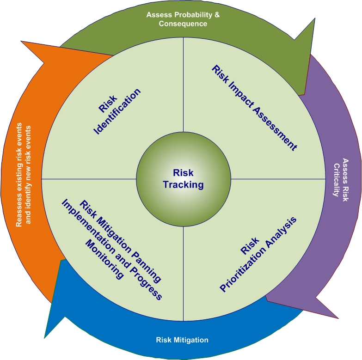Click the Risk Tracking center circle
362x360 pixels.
click(x=184, y=179)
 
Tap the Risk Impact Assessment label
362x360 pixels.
click(x=253, y=107)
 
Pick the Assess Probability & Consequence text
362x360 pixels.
click(x=183, y=19)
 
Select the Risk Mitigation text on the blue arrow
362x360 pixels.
click(x=182, y=340)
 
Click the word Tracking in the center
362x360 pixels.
click(x=184, y=185)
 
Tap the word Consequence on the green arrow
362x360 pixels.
click(x=183, y=24)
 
